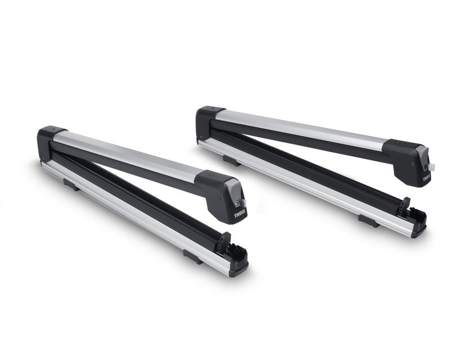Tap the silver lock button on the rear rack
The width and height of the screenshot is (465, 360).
pos(432,166)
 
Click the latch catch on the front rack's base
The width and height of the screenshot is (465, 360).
pos(231,249)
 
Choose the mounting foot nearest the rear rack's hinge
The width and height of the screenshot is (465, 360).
pos(230,160)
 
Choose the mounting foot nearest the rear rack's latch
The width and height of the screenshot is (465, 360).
pos(369,220)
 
